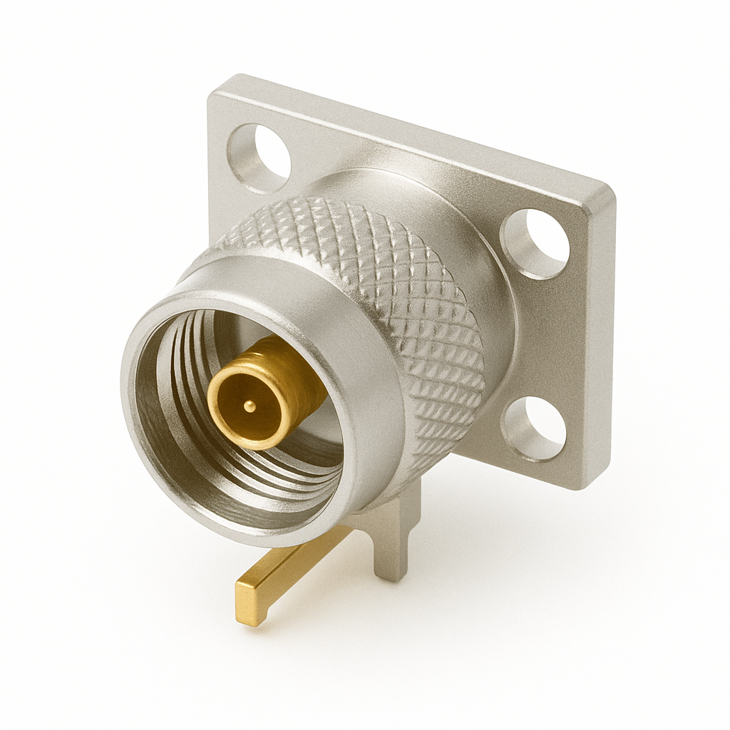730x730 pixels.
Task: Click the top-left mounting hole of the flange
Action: click(x=259, y=158)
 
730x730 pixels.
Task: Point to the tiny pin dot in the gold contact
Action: click(x=248, y=406)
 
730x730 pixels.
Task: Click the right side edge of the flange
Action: click(x=602, y=342)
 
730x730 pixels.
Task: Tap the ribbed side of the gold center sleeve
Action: click(x=299, y=378)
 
